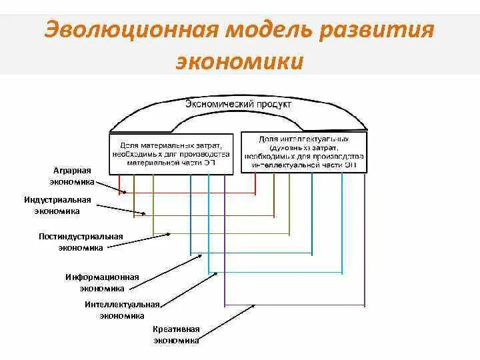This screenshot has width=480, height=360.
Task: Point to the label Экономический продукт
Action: point(238,105)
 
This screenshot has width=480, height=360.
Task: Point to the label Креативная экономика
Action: point(176,335)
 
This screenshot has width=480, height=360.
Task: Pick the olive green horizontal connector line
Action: point(220,235)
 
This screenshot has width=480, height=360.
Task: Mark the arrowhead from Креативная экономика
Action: point(255,306)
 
